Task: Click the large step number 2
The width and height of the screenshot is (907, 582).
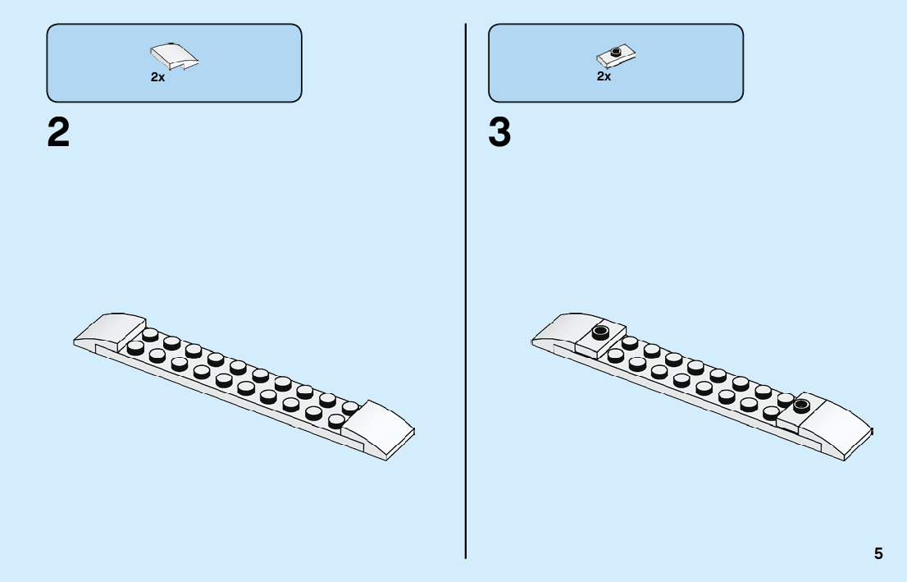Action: tap(58, 133)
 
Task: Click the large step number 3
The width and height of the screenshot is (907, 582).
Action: tap(499, 133)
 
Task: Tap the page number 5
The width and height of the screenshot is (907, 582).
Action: tap(878, 553)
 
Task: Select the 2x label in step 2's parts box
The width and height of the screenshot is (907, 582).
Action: tap(157, 77)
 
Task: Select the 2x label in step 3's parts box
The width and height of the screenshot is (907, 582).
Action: tap(604, 76)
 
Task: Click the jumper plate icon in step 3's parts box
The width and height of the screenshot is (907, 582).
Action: tap(617, 55)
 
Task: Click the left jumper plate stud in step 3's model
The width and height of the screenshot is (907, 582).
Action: tap(601, 332)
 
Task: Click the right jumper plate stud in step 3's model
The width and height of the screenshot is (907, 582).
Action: tap(801, 405)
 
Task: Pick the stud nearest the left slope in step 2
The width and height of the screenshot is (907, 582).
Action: tap(150, 334)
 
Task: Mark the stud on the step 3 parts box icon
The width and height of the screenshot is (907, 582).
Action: tap(616, 51)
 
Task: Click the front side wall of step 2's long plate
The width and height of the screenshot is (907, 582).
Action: tap(230, 399)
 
